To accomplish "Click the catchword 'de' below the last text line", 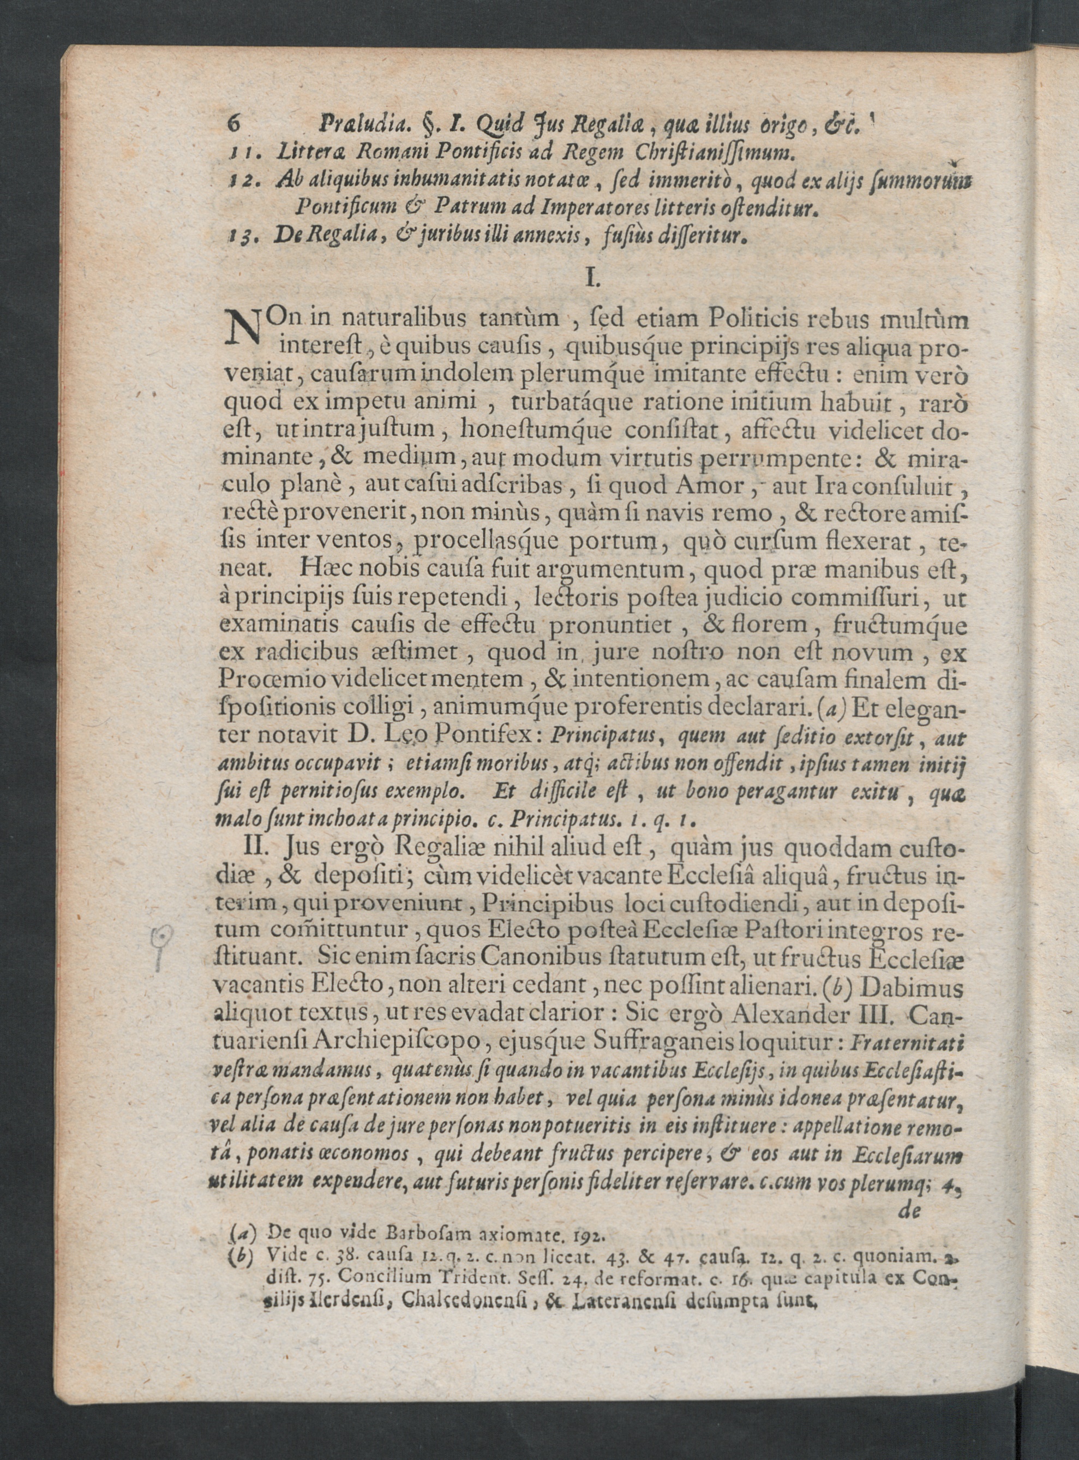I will pos(909,1211).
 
